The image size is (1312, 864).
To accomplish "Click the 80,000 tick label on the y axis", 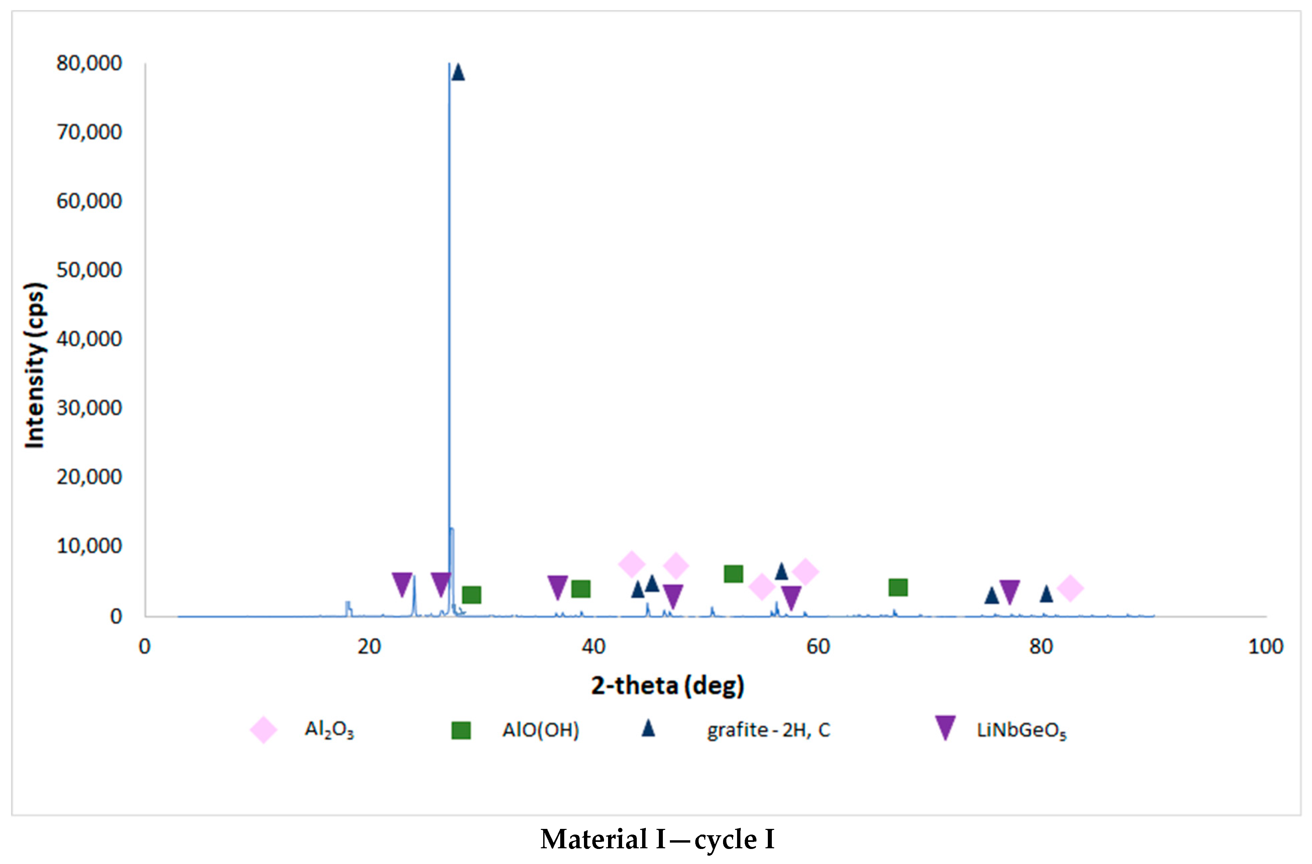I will click(89, 64).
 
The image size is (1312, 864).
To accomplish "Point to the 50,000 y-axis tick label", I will click(89, 270).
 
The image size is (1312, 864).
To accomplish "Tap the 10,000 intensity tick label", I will click(89, 546).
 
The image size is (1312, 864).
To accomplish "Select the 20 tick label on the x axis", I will click(369, 647).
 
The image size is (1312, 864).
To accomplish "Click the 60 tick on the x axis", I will click(818, 647).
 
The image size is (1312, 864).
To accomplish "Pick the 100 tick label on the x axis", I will click(1266, 647).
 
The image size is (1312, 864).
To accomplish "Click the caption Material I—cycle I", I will click(657, 840).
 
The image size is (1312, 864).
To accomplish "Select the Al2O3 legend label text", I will click(329, 730).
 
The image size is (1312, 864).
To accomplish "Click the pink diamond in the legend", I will click(263, 730).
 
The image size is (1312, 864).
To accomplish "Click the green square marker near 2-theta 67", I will click(898, 587).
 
